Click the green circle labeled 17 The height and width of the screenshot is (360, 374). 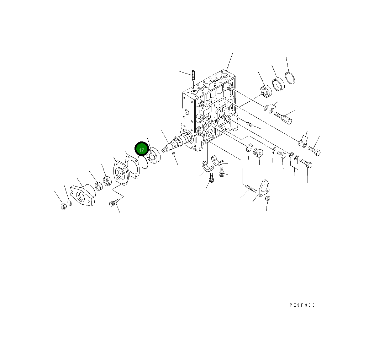pyautogui.click(x=141, y=150)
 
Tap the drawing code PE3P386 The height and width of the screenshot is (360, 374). pyautogui.click(x=302, y=305)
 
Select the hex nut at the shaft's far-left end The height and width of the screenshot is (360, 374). pyautogui.click(x=63, y=206)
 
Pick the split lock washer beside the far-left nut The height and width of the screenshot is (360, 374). pyautogui.click(x=70, y=203)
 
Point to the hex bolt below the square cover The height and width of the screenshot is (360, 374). pyautogui.click(x=113, y=203)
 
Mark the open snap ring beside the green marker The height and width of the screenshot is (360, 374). pyautogui.click(x=144, y=163)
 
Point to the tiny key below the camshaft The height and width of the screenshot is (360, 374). pyautogui.click(x=173, y=154)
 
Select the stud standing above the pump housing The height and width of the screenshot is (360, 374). pyautogui.click(x=193, y=76)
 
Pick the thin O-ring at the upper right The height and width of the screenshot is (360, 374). pyautogui.click(x=290, y=78)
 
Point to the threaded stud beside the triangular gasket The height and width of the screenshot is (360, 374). pyautogui.click(x=251, y=188)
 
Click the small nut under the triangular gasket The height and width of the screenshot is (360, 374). pyautogui.click(x=268, y=198)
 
